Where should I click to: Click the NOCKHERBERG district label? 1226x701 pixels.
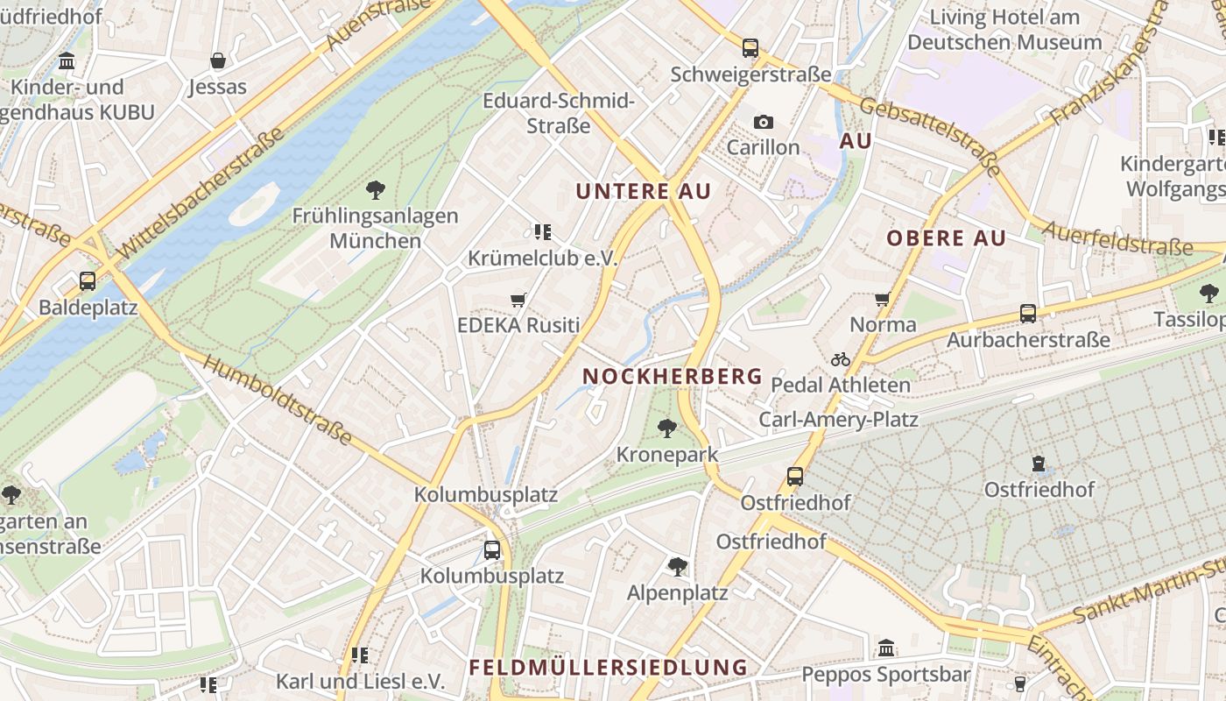pyautogui.click(x=672, y=376)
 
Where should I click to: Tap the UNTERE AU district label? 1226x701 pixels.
pyautogui.click(x=643, y=191)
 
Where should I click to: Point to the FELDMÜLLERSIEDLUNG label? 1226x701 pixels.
pyautogui.click(x=608, y=667)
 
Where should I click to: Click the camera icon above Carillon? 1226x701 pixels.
pyautogui.click(x=763, y=122)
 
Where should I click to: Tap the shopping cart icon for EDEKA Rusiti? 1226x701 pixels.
pyautogui.click(x=518, y=301)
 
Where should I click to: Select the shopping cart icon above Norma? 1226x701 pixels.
pyautogui.click(x=883, y=300)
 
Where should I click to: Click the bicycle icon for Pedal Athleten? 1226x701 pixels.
pyautogui.click(x=840, y=359)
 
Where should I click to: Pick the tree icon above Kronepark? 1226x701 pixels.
pyautogui.click(x=666, y=428)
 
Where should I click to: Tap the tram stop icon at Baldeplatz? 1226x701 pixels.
pyautogui.click(x=88, y=281)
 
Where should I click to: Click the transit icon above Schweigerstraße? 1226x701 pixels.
pyautogui.click(x=750, y=48)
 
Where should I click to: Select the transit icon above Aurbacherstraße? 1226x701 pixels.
pyautogui.click(x=1028, y=313)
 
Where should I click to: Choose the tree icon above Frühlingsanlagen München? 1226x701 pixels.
pyautogui.click(x=376, y=189)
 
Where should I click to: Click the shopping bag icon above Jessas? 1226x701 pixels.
pyautogui.click(x=217, y=60)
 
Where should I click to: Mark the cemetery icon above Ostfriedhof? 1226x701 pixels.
pyautogui.click(x=1039, y=463)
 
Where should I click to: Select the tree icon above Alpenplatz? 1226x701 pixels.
pyautogui.click(x=677, y=566)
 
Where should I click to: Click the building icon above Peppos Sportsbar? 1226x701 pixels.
pyautogui.click(x=886, y=648)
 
